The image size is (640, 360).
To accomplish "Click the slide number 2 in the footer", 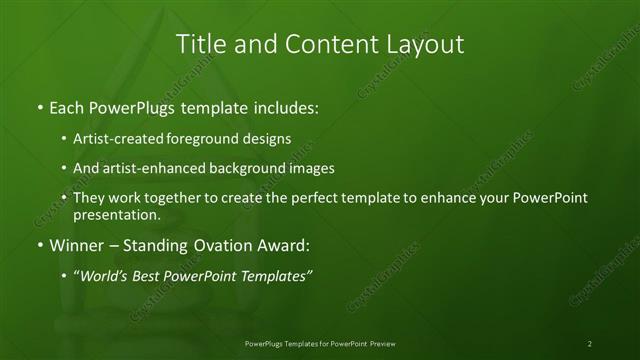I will click(x=590, y=343).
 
